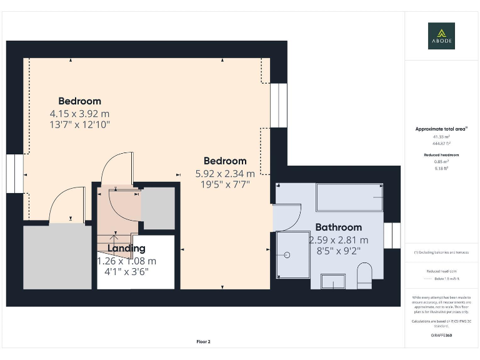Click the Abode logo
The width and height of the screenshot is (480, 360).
pos(441,36)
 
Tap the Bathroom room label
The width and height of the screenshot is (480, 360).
pos(338,227)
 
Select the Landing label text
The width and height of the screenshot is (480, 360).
pos(126,249)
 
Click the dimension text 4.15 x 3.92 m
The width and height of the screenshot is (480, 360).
pos(79,114)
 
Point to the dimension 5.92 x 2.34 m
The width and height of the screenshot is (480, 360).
pos(225,174)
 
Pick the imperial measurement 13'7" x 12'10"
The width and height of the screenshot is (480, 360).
pos(79,124)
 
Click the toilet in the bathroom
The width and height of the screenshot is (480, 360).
pos(364,274)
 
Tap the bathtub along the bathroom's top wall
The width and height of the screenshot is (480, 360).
pos(349,197)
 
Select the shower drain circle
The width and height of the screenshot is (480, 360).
pos(287,255)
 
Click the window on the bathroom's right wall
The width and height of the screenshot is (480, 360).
pos(392,235)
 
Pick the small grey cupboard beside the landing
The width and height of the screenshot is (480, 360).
pos(158,207)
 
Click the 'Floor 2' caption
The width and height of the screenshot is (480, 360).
pos(204,342)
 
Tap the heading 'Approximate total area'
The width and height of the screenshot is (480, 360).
pos(441,129)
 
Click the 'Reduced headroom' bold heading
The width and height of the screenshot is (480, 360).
pos(441,154)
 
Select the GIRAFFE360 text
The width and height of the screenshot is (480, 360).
pos(441,336)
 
